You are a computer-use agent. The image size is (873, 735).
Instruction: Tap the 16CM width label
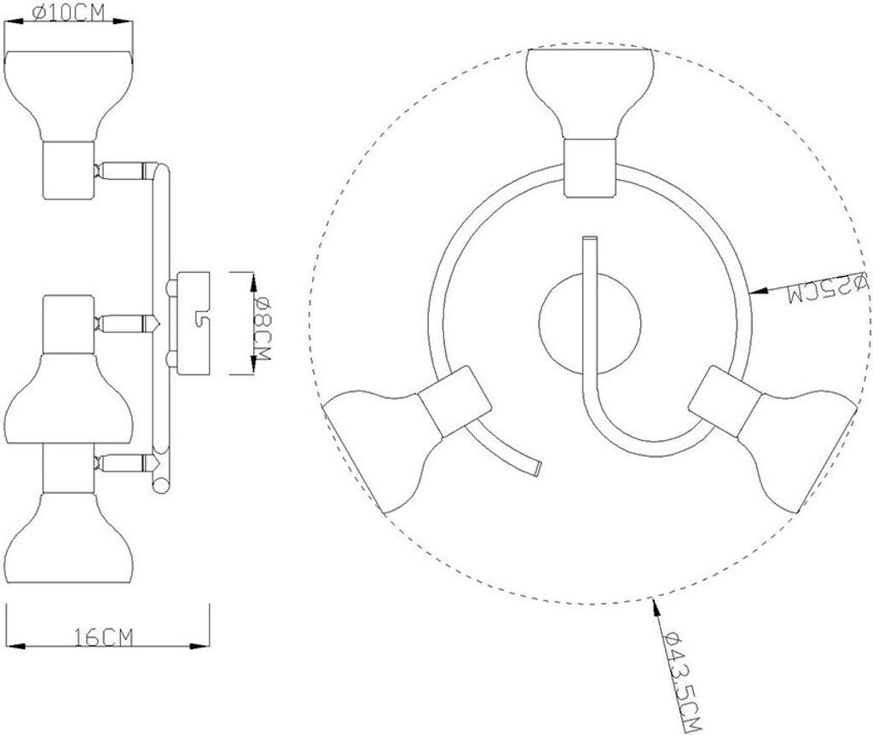(x=104, y=637)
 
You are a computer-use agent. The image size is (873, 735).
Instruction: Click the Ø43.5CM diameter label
(x=681, y=681)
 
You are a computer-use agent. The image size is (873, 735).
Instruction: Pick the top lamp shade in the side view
(x=69, y=95)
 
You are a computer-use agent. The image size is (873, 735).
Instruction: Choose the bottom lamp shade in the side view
(x=69, y=538)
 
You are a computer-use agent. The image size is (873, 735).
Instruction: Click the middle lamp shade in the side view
(x=69, y=399)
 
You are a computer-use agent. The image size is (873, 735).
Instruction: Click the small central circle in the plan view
(x=590, y=323)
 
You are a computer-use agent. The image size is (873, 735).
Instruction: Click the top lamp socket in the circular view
(x=590, y=168)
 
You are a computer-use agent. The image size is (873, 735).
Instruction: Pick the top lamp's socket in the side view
(x=69, y=170)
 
